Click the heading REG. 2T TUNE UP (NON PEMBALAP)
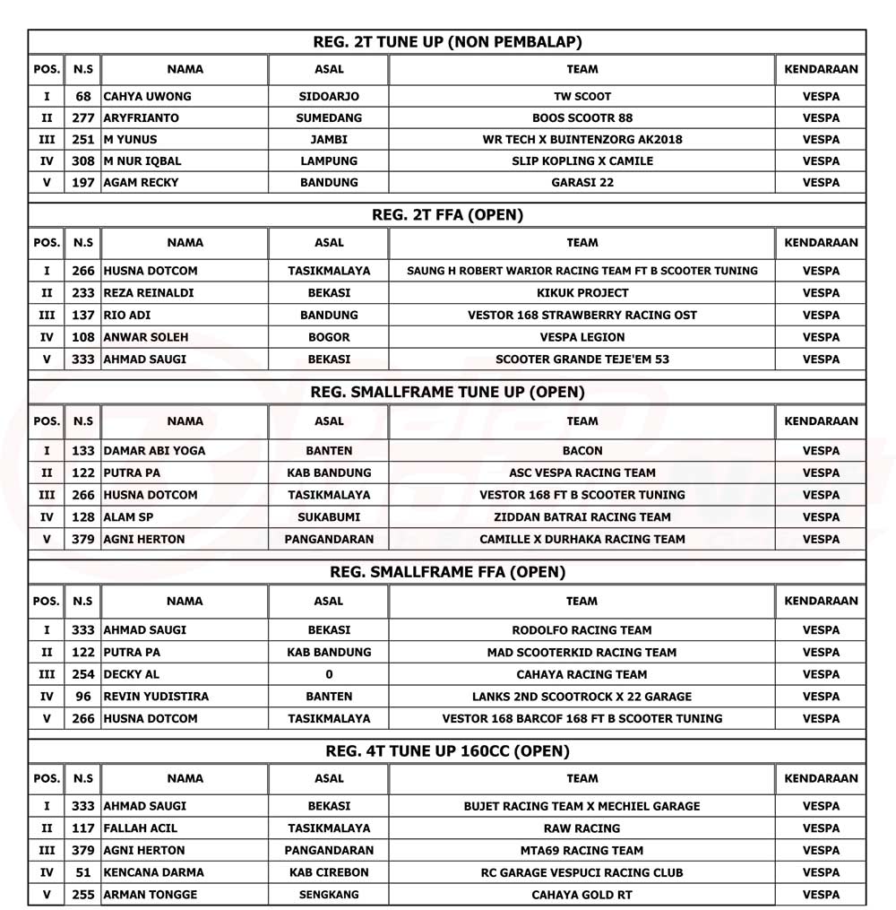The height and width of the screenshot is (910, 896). click(x=447, y=42)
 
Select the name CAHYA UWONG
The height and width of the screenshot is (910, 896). click(x=148, y=96)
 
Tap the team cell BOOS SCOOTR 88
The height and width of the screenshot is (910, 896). click(x=582, y=117)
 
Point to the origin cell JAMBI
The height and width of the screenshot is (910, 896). click(x=329, y=139)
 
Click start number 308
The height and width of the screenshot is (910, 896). click(x=82, y=161)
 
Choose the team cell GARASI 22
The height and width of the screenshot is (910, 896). click(x=582, y=183)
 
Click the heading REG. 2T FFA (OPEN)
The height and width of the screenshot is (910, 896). click(x=447, y=215)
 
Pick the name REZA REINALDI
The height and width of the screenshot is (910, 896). click(x=149, y=293)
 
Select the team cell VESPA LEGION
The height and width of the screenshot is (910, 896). click(x=582, y=337)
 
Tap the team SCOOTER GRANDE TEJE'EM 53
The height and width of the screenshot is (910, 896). click(x=582, y=360)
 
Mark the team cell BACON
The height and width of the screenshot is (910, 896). click(x=582, y=451)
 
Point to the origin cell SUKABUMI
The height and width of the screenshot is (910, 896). click(x=329, y=517)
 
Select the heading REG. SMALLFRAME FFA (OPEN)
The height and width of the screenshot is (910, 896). click(x=447, y=572)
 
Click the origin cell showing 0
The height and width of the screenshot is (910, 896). click(x=329, y=674)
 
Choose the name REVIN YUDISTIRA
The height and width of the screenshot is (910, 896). click(x=157, y=697)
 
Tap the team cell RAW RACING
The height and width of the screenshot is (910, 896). click(x=582, y=828)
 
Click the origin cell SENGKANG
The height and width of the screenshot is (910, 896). click(x=329, y=895)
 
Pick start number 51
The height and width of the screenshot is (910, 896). click(x=82, y=872)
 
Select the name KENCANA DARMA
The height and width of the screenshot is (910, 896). click(x=153, y=872)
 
